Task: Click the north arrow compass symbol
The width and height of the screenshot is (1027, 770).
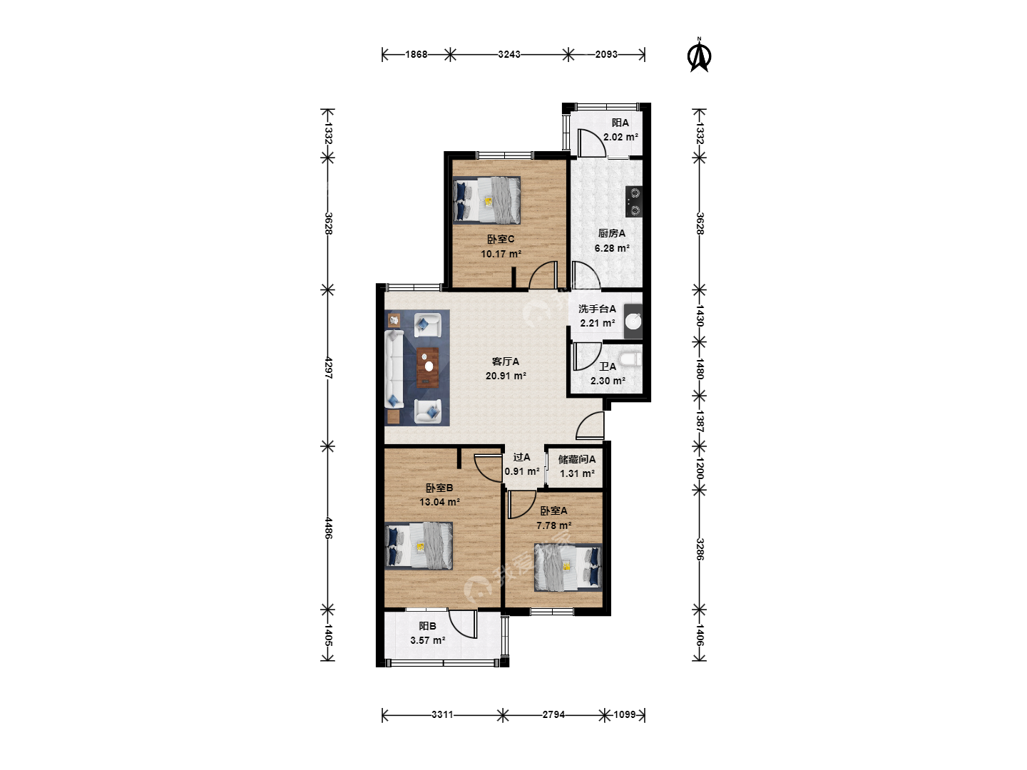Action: coord(699,56)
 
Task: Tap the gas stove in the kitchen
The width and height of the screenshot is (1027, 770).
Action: coord(634,202)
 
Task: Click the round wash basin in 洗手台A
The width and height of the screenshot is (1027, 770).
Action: coord(633,322)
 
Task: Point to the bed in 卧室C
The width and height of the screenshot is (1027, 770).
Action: coord(486,200)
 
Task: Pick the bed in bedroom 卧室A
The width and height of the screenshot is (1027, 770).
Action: coord(568,568)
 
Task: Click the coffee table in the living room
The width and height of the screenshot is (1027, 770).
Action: coord(428,367)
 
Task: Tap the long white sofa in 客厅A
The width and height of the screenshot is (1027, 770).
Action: coord(394,369)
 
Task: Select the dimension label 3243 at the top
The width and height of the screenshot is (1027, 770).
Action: coord(509,55)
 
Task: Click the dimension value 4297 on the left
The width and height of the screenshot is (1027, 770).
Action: coord(329,368)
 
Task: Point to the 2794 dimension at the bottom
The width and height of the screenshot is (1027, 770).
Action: coord(553,715)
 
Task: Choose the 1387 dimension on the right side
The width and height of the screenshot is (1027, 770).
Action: coord(700,421)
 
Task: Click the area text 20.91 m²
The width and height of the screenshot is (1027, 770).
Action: coord(506,376)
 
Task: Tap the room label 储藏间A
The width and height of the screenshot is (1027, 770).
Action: coord(577,460)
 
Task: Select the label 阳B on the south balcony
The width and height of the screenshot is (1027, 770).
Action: coord(428,626)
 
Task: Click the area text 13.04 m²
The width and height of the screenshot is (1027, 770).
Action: coord(439,502)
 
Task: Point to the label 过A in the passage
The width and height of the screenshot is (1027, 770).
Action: coord(521,457)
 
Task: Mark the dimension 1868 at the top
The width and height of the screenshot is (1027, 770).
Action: coord(416,55)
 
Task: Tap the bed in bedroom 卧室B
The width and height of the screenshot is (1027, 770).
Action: coord(419,545)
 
